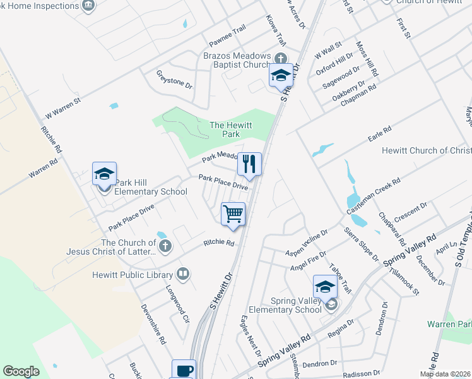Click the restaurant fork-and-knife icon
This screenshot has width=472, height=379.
tap(249, 164)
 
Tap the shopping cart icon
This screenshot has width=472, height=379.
tap(233, 214)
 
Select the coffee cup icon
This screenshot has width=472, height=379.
tap(184, 370)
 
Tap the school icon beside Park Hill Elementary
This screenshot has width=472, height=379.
tap(105, 174)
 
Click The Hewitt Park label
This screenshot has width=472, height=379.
tap(230, 129)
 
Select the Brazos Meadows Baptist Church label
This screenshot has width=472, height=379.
tap(237, 60)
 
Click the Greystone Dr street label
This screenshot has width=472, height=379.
tap(174, 80)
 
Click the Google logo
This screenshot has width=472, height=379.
tap(21, 371)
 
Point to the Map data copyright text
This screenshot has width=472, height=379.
tap(445, 374)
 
